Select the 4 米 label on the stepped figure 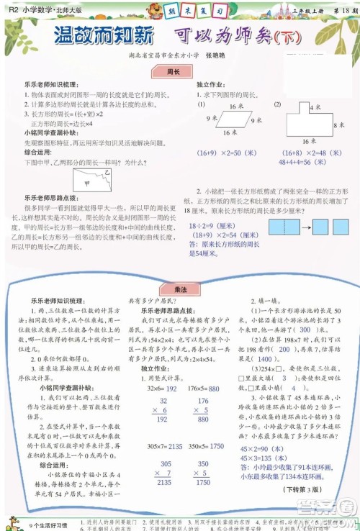point(315,107)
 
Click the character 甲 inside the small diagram point(86,181)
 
